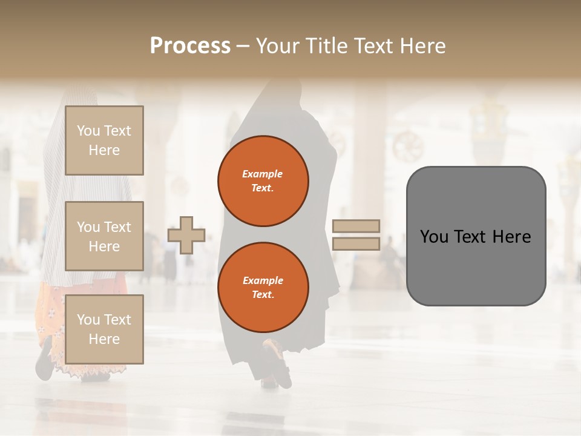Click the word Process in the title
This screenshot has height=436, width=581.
coord(190,46)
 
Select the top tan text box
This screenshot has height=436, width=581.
coord(104,140)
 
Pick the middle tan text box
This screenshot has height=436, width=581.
coord(104,236)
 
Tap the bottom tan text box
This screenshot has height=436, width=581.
coord(104,329)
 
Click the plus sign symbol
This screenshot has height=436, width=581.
coord(186,235)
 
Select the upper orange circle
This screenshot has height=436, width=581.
coord(263,181)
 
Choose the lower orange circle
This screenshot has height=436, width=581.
coord(263,288)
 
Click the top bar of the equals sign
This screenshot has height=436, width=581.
coord(356,226)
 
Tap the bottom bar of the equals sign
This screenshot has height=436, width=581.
coord(356,244)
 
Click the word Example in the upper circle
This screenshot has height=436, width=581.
coord(263,174)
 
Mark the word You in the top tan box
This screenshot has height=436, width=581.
coord(88,131)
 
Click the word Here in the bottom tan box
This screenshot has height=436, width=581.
coord(104,339)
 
